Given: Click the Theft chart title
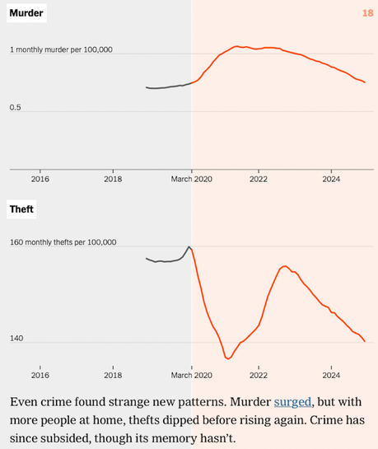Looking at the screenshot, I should point(21,209).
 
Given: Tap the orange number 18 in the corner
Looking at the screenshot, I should point(367,13).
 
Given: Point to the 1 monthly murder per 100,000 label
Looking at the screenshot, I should point(61,50).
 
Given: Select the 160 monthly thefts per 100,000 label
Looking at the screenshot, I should point(63,243).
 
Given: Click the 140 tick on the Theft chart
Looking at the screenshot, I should point(16,339).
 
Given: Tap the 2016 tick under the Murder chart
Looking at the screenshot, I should point(40,178).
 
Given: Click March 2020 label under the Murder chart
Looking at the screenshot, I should point(192,178).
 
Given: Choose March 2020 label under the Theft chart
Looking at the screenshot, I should point(192,375).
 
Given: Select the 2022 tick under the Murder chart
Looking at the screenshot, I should point(259,178).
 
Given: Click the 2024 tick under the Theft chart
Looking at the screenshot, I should point(331,375).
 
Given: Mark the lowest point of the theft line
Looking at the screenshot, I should point(227,358).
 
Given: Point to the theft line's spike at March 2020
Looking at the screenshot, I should point(189,246).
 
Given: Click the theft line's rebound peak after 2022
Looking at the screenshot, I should point(284,266).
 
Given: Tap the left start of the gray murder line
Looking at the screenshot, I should point(147,87).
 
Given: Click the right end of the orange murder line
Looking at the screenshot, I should point(365,82).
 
